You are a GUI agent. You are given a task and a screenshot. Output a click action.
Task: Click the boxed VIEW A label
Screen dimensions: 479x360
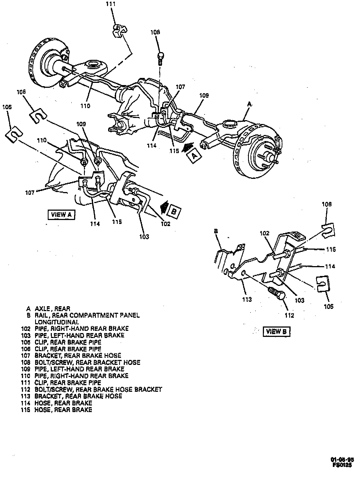point(61,214)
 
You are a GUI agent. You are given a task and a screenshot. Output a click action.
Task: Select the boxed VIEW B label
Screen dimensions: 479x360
point(276,331)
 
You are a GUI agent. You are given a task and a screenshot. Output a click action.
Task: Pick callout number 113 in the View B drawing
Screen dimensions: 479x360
point(247,299)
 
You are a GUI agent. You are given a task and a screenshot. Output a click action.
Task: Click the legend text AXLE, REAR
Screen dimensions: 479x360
point(52,309)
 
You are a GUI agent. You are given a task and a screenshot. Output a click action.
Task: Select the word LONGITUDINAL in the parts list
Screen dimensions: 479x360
point(57,322)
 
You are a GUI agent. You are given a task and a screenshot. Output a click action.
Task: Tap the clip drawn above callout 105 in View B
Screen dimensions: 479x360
point(322,284)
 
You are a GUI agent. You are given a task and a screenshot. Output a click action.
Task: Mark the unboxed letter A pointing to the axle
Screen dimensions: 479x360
point(249,104)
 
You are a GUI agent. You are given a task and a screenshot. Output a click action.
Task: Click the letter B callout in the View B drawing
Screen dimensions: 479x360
point(216,231)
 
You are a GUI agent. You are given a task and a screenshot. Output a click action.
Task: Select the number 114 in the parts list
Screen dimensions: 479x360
point(25,403)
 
